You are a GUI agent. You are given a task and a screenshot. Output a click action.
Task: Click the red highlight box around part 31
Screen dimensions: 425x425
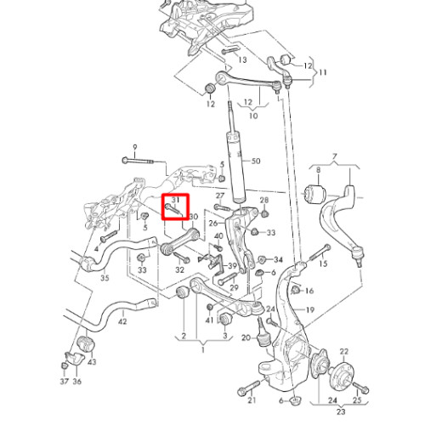point(175,195)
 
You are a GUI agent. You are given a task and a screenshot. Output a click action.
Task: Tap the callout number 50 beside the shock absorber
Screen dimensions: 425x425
point(256,161)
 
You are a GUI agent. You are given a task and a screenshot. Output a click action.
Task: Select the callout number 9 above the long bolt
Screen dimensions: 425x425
point(135,147)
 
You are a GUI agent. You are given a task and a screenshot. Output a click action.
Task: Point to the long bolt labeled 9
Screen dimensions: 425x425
point(138,161)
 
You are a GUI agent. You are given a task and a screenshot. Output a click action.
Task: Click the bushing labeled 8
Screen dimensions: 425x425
point(315,194)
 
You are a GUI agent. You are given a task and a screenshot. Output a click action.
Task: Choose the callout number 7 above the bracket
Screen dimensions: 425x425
point(335,156)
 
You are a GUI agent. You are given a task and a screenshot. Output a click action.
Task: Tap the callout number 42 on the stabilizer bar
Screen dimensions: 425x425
point(122,321)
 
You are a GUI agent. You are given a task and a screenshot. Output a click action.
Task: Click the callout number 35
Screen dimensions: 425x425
point(105,278)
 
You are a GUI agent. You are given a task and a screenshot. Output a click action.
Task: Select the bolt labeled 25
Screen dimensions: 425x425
point(360,388)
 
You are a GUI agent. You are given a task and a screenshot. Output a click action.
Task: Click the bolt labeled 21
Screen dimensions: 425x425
point(249,388)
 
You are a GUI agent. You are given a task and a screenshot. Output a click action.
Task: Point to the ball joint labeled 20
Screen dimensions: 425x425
point(263,332)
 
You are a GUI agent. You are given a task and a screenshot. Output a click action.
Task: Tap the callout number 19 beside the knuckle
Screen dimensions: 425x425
point(310,309)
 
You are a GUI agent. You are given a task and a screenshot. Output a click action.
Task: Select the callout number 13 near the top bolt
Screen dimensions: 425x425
point(242,59)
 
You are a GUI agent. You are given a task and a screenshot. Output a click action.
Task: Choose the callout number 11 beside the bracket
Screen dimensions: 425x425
point(323,72)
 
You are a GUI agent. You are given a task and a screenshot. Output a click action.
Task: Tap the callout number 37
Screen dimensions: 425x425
point(65,381)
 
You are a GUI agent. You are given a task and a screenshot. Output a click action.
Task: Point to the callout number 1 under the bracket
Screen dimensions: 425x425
point(203,350)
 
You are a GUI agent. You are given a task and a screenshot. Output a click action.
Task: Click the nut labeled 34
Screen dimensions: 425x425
point(261,259)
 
